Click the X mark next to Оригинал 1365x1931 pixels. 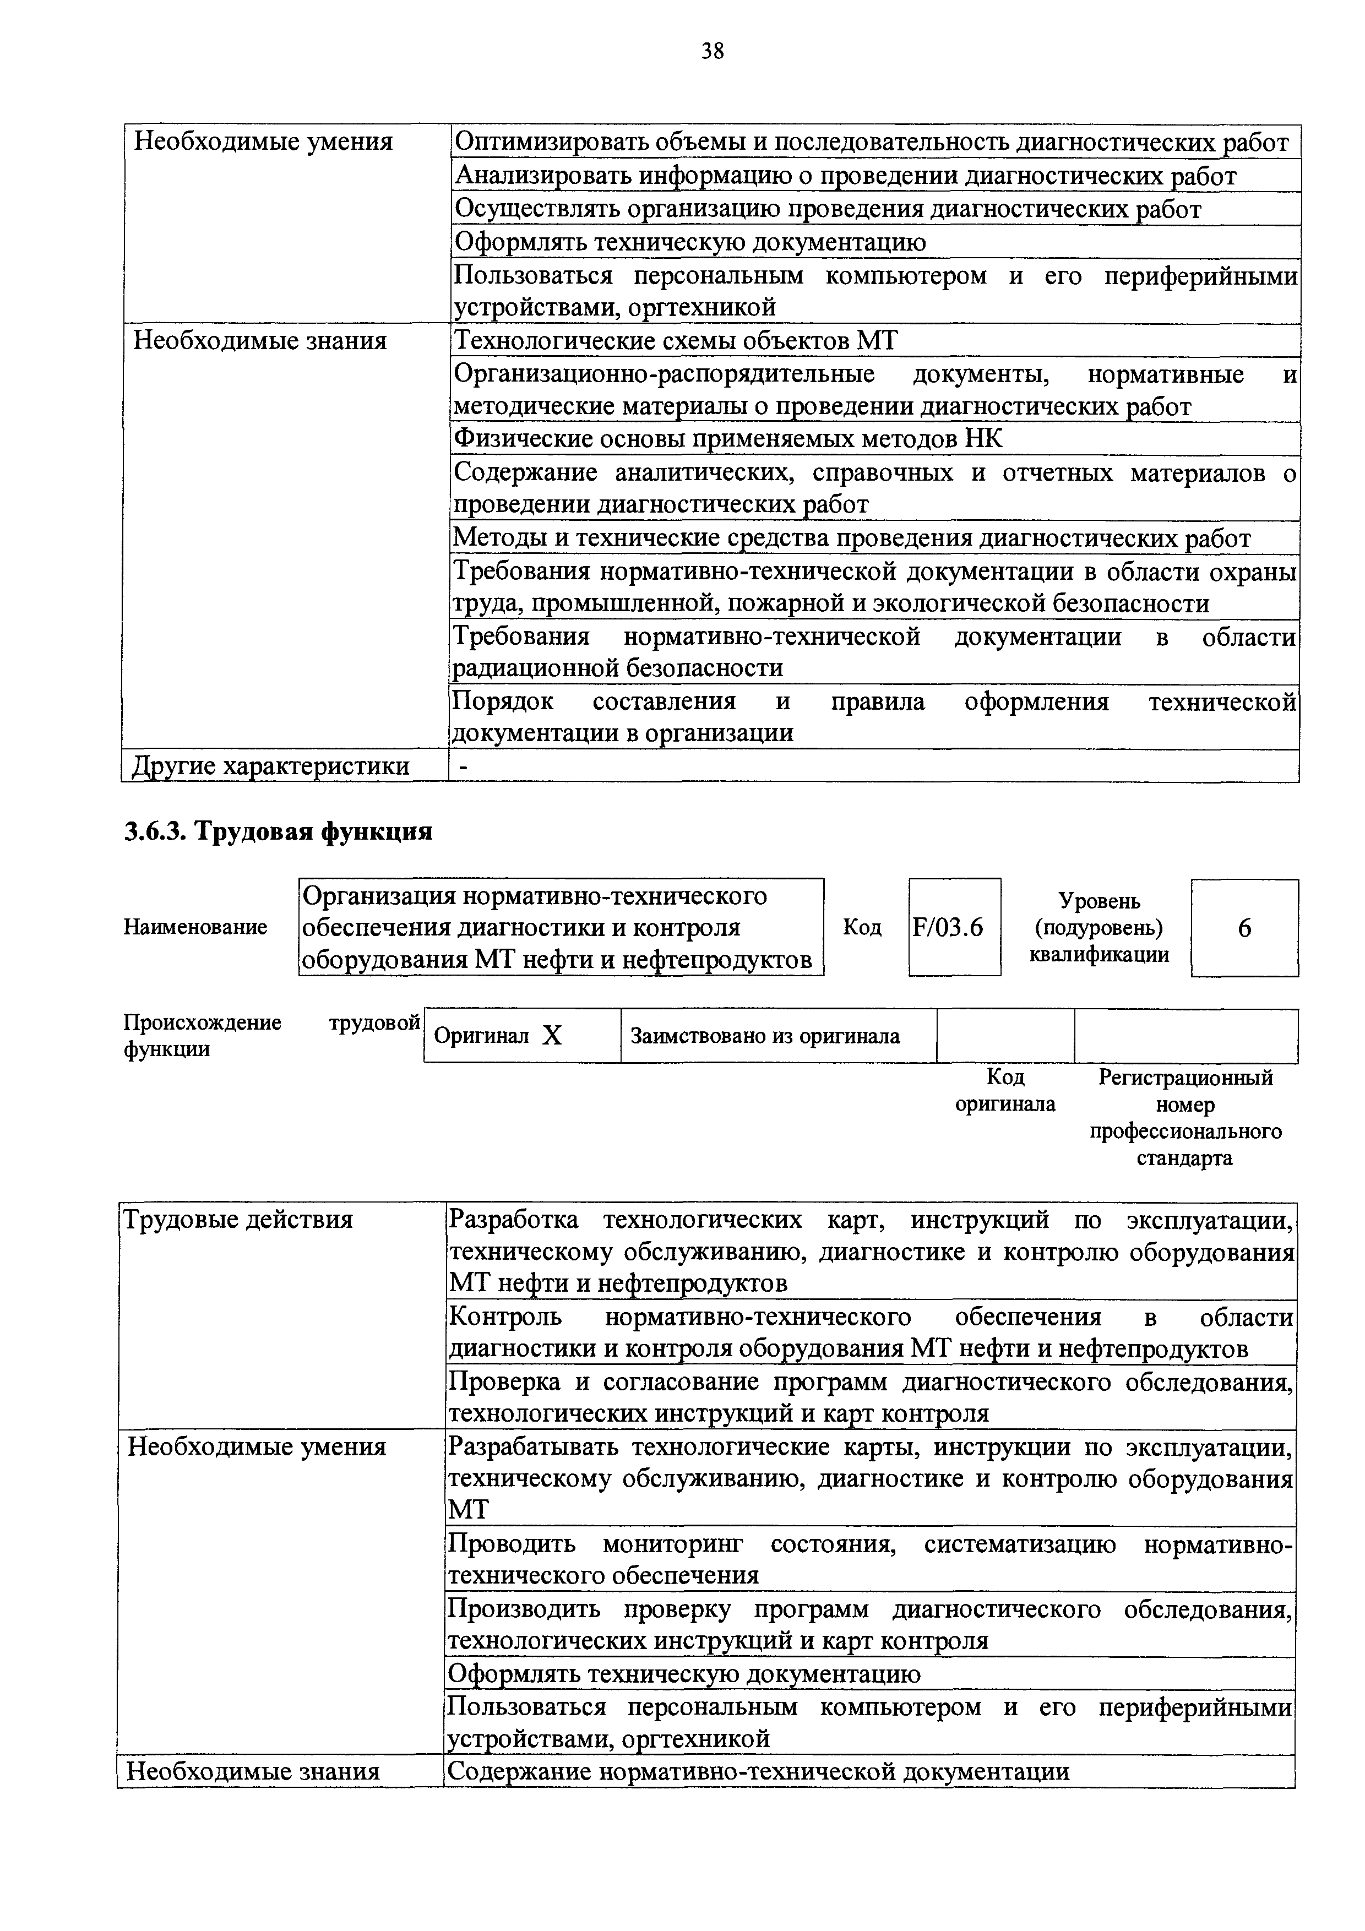pos(552,1036)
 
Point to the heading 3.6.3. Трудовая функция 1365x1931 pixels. pos(279,832)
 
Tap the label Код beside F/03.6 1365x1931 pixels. pos(862,928)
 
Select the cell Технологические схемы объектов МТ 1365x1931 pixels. pos(676,341)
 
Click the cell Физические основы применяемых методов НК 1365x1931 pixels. pos(728,439)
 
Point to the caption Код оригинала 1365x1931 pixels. pos(1005,1091)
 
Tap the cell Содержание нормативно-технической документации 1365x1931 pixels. pos(758,1772)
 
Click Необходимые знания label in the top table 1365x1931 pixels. pos(260,341)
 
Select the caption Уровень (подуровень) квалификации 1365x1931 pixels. pos(1099,928)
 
